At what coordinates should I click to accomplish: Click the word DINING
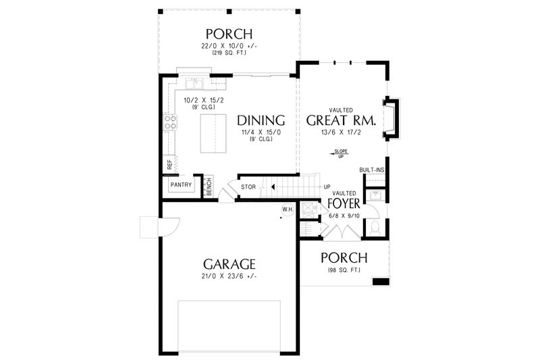(261, 121)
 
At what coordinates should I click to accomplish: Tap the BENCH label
(209, 186)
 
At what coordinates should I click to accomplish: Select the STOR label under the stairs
(247, 186)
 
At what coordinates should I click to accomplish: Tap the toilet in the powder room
(375, 228)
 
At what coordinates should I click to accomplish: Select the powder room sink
(375, 197)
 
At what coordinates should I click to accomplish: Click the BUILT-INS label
(372, 170)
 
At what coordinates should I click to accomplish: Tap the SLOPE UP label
(341, 153)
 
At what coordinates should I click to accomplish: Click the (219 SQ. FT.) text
(230, 53)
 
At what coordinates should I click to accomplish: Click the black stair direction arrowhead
(272, 186)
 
